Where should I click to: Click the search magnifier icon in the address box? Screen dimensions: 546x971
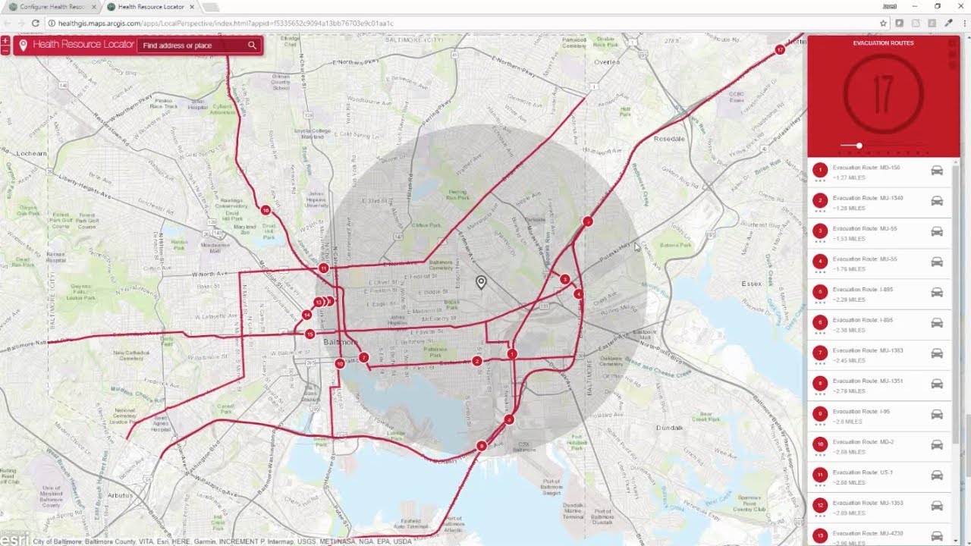(253, 45)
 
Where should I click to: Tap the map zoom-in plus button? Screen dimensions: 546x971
(6, 39)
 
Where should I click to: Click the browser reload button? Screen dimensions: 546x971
(35, 24)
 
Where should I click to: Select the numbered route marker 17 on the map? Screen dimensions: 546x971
(780, 50)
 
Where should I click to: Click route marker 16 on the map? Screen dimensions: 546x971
(266, 210)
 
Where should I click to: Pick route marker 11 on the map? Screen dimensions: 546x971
(324, 268)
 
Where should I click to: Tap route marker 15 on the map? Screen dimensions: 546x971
(310, 334)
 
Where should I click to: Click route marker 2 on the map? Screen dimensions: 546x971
(477, 361)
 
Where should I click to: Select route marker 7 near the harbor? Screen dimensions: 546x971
(364, 357)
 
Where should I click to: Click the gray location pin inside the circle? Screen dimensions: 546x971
(481, 282)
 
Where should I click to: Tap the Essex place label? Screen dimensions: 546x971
(751, 284)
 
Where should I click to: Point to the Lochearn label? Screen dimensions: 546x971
(30, 153)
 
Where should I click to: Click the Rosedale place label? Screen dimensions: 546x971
(668, 140)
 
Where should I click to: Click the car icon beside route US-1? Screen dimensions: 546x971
(937, 475)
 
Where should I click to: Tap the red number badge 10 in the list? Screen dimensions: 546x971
(819, 444)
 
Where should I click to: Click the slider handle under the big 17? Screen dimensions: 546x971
(859, 146)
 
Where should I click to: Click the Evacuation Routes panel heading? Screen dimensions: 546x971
(883, 43)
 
